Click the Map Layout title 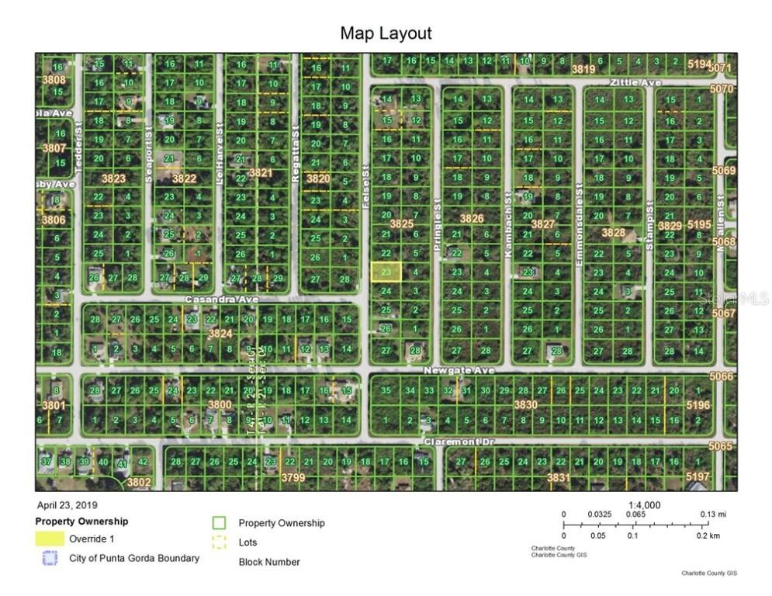tap(386, 33)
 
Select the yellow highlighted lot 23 tap(386, 272)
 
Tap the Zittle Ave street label tap(635, 82)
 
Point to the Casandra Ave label tap(209, 299)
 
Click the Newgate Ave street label tap(459, 371)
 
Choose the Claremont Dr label tap(459, 442)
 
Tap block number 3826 tap(471, 219)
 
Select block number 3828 tap(613, 232)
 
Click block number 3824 tap(220, 334)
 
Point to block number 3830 tap(525, 405)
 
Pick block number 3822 tap(184, 178)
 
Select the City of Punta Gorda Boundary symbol tap(50, 558)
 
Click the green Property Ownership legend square tap(220, 524)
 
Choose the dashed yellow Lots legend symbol tap(220, 542)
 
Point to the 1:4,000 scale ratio tap(644, 504)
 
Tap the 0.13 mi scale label tap(708, 514)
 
